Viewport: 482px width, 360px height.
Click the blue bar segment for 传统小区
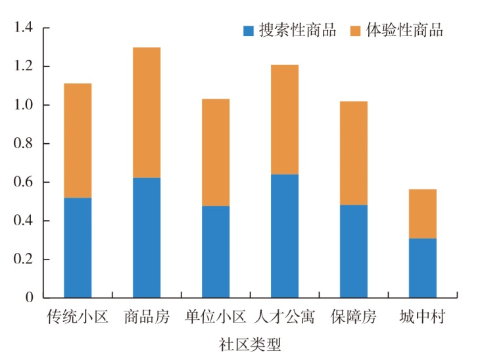tap(78, 247)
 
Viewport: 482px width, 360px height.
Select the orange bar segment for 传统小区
tap(78, 141)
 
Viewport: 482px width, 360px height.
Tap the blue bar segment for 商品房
tap(147, 237)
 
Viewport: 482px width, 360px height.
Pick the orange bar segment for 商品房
tap(147, 112)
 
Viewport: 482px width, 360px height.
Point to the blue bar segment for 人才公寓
tap(285, 235)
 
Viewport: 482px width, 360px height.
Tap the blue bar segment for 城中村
tap(422, 267)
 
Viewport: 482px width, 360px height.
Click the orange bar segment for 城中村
tap(422, 214)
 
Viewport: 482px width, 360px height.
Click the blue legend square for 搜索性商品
tap(249, 30)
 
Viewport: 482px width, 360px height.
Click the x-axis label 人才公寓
tap(285, 318)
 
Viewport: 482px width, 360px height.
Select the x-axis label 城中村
tap(422, 318)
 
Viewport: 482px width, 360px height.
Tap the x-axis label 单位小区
tap(216, 318)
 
